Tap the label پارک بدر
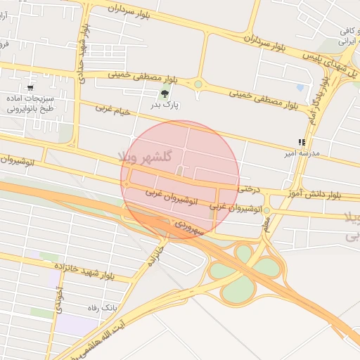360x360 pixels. tap(166, 105)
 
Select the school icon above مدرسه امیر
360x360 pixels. tap(302, 142)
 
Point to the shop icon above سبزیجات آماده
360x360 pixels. tap(30, 87)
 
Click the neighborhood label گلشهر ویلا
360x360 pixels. tap(147, 156)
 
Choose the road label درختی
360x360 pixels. tap(249, 188)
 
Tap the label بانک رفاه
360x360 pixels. tap(103, 308)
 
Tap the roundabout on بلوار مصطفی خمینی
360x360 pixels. tap(198, 84)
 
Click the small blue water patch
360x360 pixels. tap(301, 88)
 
